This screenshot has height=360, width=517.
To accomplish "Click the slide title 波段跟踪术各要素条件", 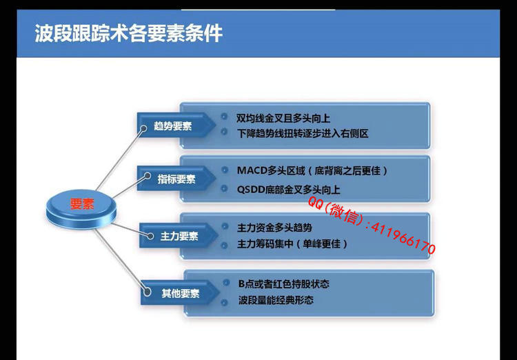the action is click(x=129, y=33).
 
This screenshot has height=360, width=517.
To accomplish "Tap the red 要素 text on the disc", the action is click(x=82, y=204).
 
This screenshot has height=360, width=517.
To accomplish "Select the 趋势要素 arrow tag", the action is click(x=176, y=126).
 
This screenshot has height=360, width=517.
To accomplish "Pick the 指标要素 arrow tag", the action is click(x=176, y=179).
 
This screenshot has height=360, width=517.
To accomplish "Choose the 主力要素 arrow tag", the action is click(x=178, y=236).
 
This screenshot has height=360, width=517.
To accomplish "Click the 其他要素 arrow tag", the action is click(x=180, y=292).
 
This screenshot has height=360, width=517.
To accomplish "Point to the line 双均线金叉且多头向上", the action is click(x=283, y=118).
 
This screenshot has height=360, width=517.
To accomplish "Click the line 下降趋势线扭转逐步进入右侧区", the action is click(x=303, y=134).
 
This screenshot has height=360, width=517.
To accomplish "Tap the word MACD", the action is click(x=252, y=170).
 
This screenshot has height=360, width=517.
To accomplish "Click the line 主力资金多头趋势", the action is click(x=274, y=228).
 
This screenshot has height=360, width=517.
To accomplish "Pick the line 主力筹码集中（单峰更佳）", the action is click(x=292, y=244).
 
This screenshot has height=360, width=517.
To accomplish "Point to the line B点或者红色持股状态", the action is click(x=284, y=283).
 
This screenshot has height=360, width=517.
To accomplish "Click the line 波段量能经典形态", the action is click(x=276, y=300).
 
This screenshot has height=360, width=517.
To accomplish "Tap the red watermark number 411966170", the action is click(x=403, y=239).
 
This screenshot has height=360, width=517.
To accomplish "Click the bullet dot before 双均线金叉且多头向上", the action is click(x=224, y=116).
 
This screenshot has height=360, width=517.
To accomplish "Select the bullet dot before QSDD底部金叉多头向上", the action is click(x=225, y=188).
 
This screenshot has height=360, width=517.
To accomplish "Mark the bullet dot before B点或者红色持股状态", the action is click(x=226, y=283).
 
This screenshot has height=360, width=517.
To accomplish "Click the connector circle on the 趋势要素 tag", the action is click(x=143, y=128).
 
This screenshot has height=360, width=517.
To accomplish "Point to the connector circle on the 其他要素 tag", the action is click(x=148, y=292).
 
